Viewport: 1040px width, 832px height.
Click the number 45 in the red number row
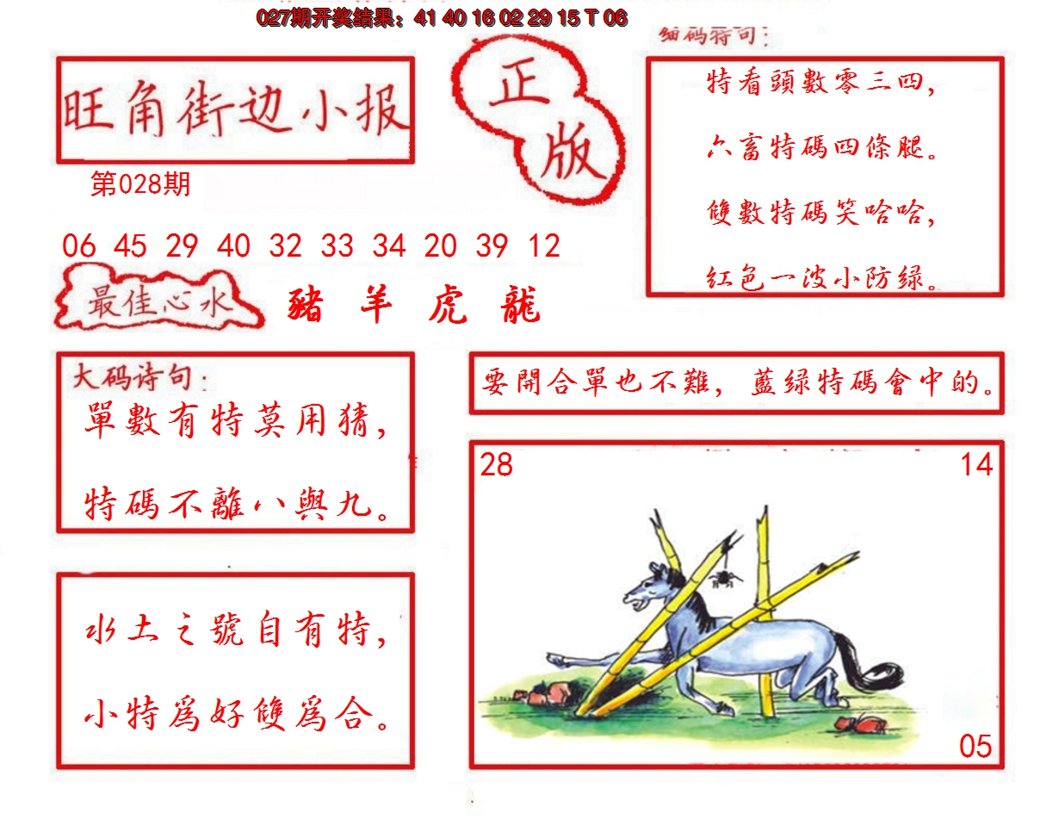click(130, 246)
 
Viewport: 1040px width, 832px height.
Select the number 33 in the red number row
click(337, 246)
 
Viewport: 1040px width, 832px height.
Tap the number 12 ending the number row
click(544, 246)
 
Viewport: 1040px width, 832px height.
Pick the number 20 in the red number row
click(440, 246)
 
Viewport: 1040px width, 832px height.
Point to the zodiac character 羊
click(376, 305)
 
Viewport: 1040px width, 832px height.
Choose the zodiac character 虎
click(448, 307)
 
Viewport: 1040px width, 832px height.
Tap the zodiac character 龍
click(519, 307)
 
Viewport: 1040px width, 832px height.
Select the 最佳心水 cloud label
click(157, 304)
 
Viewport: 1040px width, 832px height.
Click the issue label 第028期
click(140, 184)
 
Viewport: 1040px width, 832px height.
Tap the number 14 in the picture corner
click(976, 465)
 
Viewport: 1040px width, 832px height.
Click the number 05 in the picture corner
click(975, 746)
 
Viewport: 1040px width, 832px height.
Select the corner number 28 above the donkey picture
click(497, 465)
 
